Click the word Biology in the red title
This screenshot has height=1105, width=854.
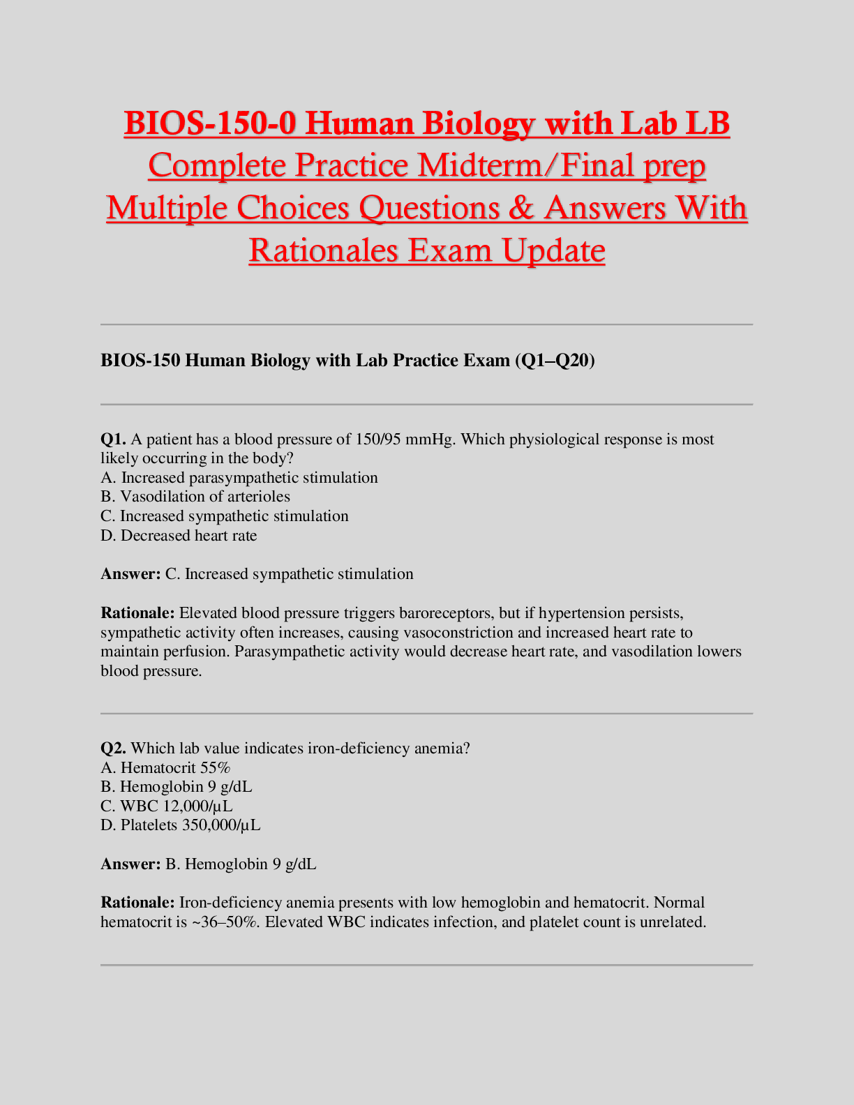tap(479, 124)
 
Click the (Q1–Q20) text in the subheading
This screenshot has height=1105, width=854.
tap(554, 360)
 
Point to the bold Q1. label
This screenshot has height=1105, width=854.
tap(113, 439)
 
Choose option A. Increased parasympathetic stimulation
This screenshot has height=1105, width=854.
tap(239, 478)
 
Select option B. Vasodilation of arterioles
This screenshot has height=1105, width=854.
tap(195, 497)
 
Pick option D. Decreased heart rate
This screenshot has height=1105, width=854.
tap(179, 536)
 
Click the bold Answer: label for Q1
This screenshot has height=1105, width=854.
tap(130, 574)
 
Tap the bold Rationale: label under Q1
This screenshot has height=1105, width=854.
tap(137, 613)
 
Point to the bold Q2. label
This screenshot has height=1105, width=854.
tap(113, 749)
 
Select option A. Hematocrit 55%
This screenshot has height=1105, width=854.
tap(165, 768)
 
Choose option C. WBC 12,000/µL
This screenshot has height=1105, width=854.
tap(167, 806)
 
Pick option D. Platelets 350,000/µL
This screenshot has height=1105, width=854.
tap(181, 825)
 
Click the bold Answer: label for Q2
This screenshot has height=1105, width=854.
tap(130, 864)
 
